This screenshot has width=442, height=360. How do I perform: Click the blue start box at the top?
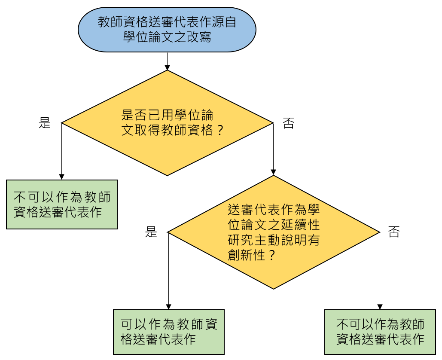[167, 29]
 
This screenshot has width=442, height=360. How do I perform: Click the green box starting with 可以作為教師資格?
[169, 332]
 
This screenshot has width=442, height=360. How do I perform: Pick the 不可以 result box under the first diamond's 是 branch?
[62, 204]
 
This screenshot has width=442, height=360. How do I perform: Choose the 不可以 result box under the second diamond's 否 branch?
[380, 332]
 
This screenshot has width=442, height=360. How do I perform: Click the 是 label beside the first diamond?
[45, 124]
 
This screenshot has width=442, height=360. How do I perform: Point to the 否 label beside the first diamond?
[288, 124]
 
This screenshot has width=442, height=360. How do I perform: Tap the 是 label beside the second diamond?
[151, 232]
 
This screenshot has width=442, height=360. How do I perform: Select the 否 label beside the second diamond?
[394, 232]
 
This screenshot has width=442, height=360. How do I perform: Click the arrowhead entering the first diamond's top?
[167, 67]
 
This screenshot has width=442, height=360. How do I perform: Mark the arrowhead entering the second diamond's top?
[274, 173]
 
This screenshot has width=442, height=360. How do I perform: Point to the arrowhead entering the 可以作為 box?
[168, 307]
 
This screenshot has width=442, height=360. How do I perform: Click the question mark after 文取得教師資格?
[220, 130]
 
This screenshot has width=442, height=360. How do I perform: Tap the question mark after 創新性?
[271, 255]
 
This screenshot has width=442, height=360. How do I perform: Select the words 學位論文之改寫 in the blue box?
[167, 37]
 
